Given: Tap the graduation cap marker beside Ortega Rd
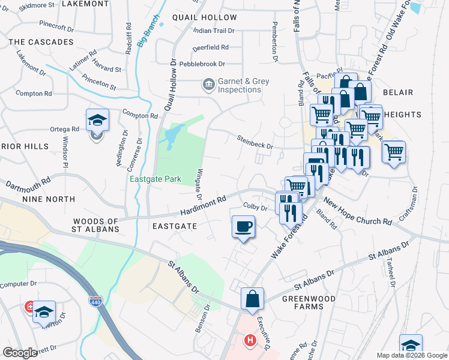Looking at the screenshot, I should tap(97, 121).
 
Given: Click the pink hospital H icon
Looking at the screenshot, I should tap(250, 341).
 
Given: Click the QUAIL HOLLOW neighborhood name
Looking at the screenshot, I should tap(204, 17).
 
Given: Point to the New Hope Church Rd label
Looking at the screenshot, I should tap(357, 212).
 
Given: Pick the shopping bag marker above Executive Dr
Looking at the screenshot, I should tap(253, 299).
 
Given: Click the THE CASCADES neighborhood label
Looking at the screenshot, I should tap(41, 42).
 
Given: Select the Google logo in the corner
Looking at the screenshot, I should tap(20, 352).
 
